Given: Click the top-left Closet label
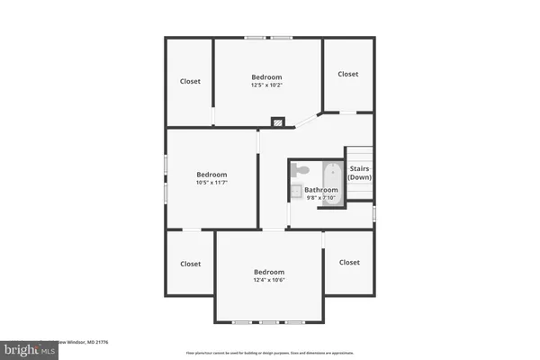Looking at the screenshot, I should [190, 81].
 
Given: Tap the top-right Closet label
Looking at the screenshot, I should [348, 74].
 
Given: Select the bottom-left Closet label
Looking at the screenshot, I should [190, 264].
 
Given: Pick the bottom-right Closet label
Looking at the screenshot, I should [349, 262].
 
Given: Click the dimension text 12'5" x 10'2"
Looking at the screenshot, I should [266, 85].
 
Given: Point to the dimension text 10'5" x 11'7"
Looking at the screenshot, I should [212, 183].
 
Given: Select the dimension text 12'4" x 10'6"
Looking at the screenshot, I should [268, 280].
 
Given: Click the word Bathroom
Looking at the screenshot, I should [321, 190].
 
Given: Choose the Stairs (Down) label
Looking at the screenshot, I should [360, 173].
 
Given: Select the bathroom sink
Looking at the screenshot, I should [296, 190].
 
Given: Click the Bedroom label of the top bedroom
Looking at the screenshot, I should [266, 77].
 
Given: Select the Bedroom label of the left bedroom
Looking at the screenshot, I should [212, 175].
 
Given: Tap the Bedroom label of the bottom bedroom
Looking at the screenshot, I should [268, 272].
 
